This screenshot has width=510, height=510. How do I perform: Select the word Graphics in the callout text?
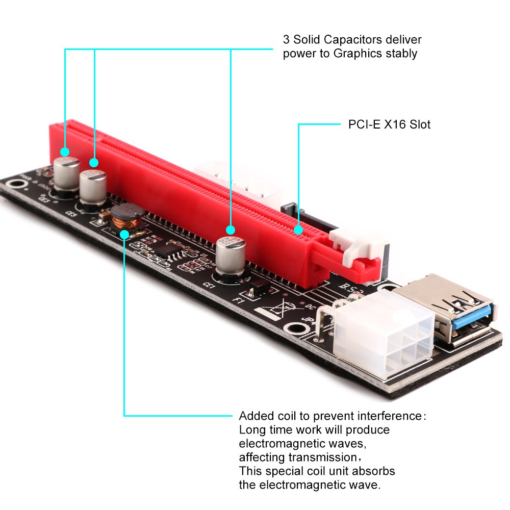coord(357,53)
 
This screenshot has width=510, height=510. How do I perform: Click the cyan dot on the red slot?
coord(298,230)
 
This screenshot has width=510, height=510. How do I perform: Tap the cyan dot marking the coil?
coord(124,234)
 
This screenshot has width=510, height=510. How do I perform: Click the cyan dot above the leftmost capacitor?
coord(65,151)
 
